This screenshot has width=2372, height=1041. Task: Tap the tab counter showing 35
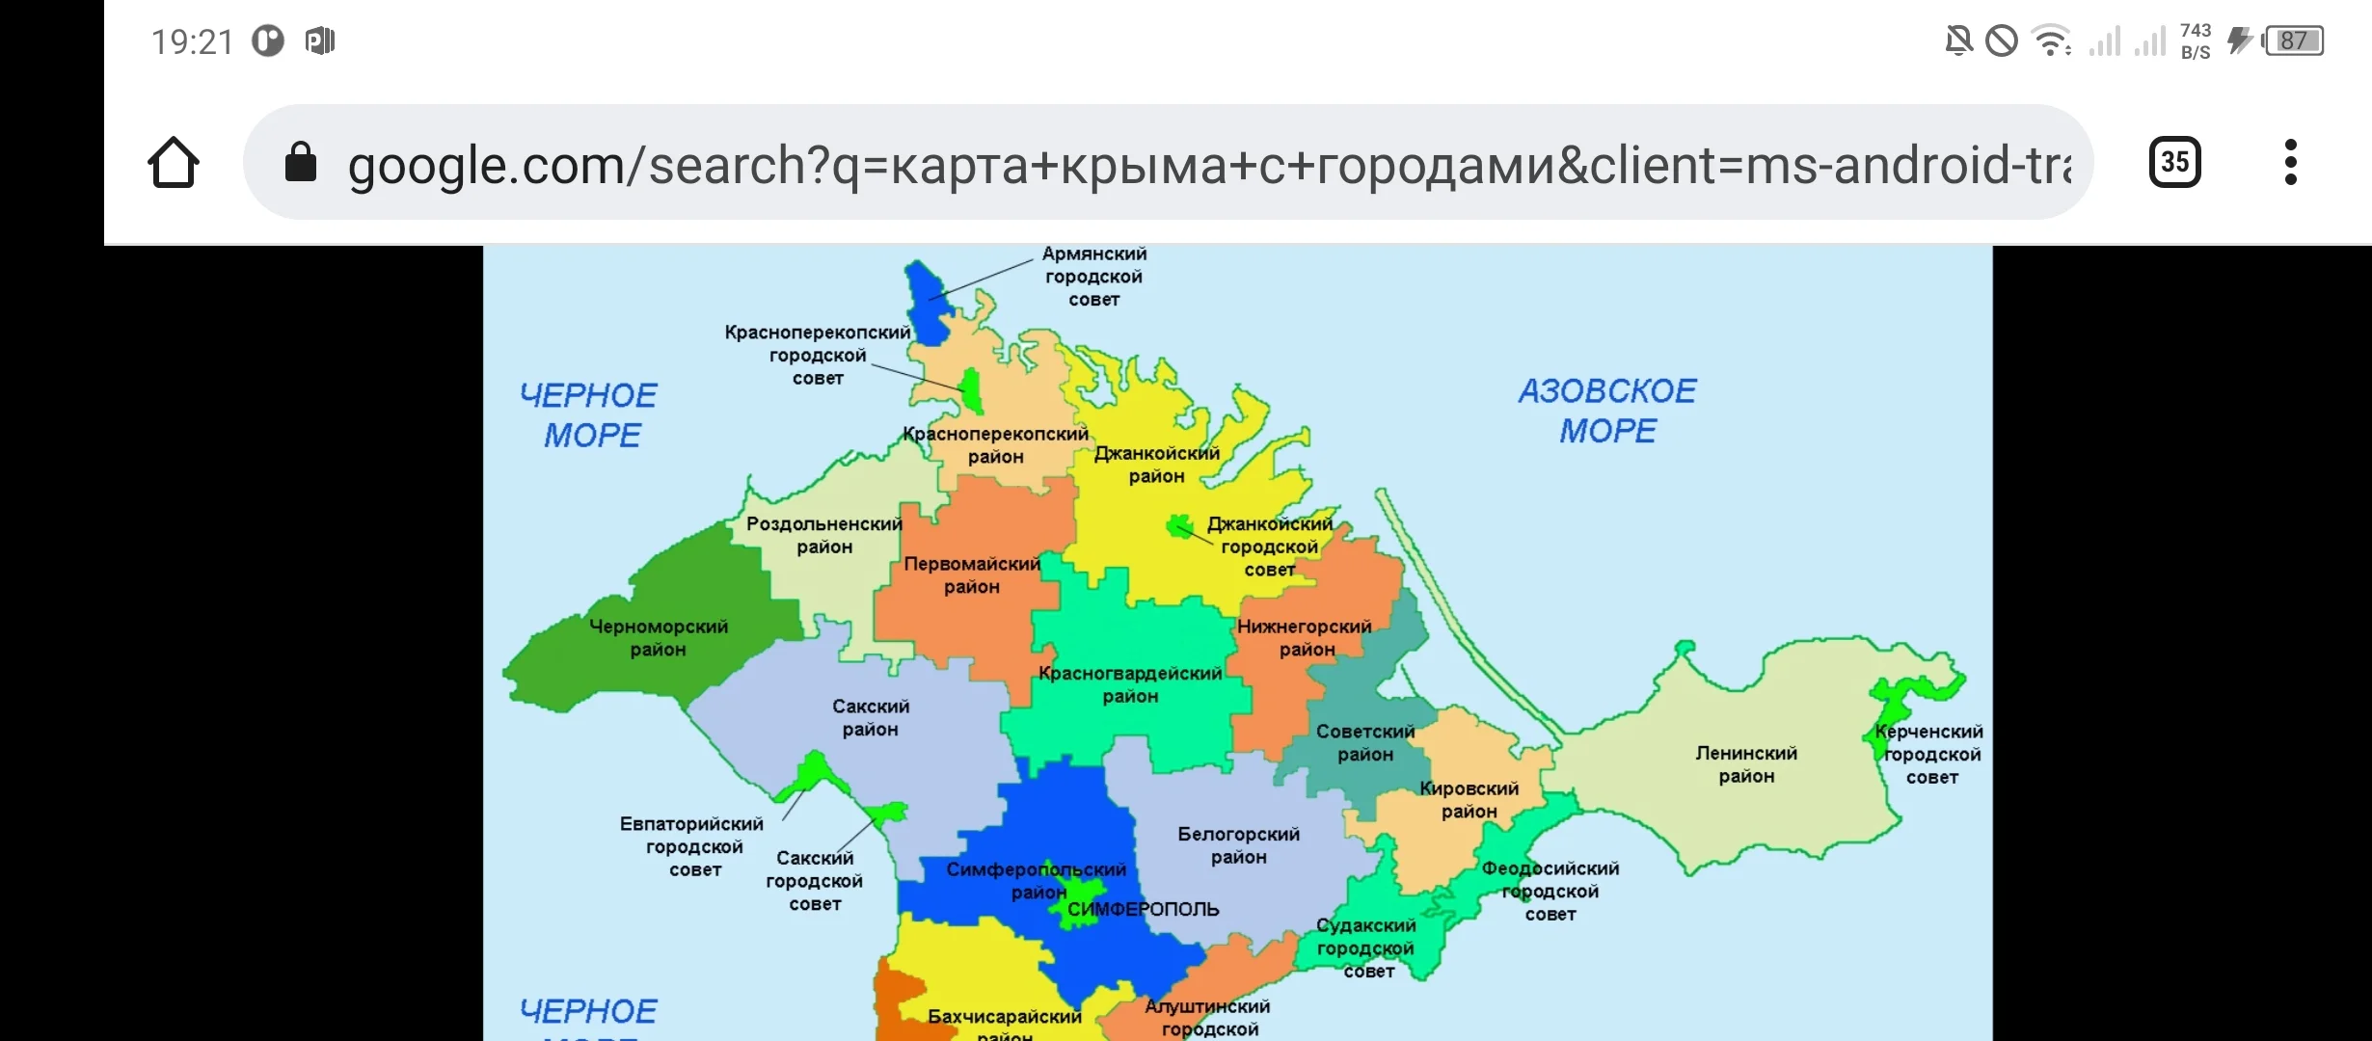[2174, 162]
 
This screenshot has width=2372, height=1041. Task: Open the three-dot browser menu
[2291, 162]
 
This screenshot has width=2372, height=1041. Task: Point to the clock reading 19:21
[192, 41]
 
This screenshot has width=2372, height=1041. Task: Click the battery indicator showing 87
[2294, 41]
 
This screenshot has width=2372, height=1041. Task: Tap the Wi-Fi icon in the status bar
[2049, 41]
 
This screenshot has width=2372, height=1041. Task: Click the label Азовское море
[1607, 411]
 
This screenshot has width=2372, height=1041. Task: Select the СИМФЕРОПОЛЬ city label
[1144, 909]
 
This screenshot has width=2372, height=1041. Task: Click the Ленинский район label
[1746, 764]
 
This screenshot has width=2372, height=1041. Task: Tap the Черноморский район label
[659, 638]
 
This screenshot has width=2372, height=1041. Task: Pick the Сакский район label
[871, 718]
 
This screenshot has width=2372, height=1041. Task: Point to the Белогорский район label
[1239, 845]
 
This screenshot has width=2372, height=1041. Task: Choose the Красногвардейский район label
[1130, 684]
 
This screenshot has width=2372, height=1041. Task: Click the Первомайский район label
[972, 575]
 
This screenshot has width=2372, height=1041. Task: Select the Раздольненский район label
[824, 535]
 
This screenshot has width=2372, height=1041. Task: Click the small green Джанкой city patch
[1178, 526]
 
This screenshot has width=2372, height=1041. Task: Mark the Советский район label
[1365, 743]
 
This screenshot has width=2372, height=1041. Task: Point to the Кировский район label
[1469, 800]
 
